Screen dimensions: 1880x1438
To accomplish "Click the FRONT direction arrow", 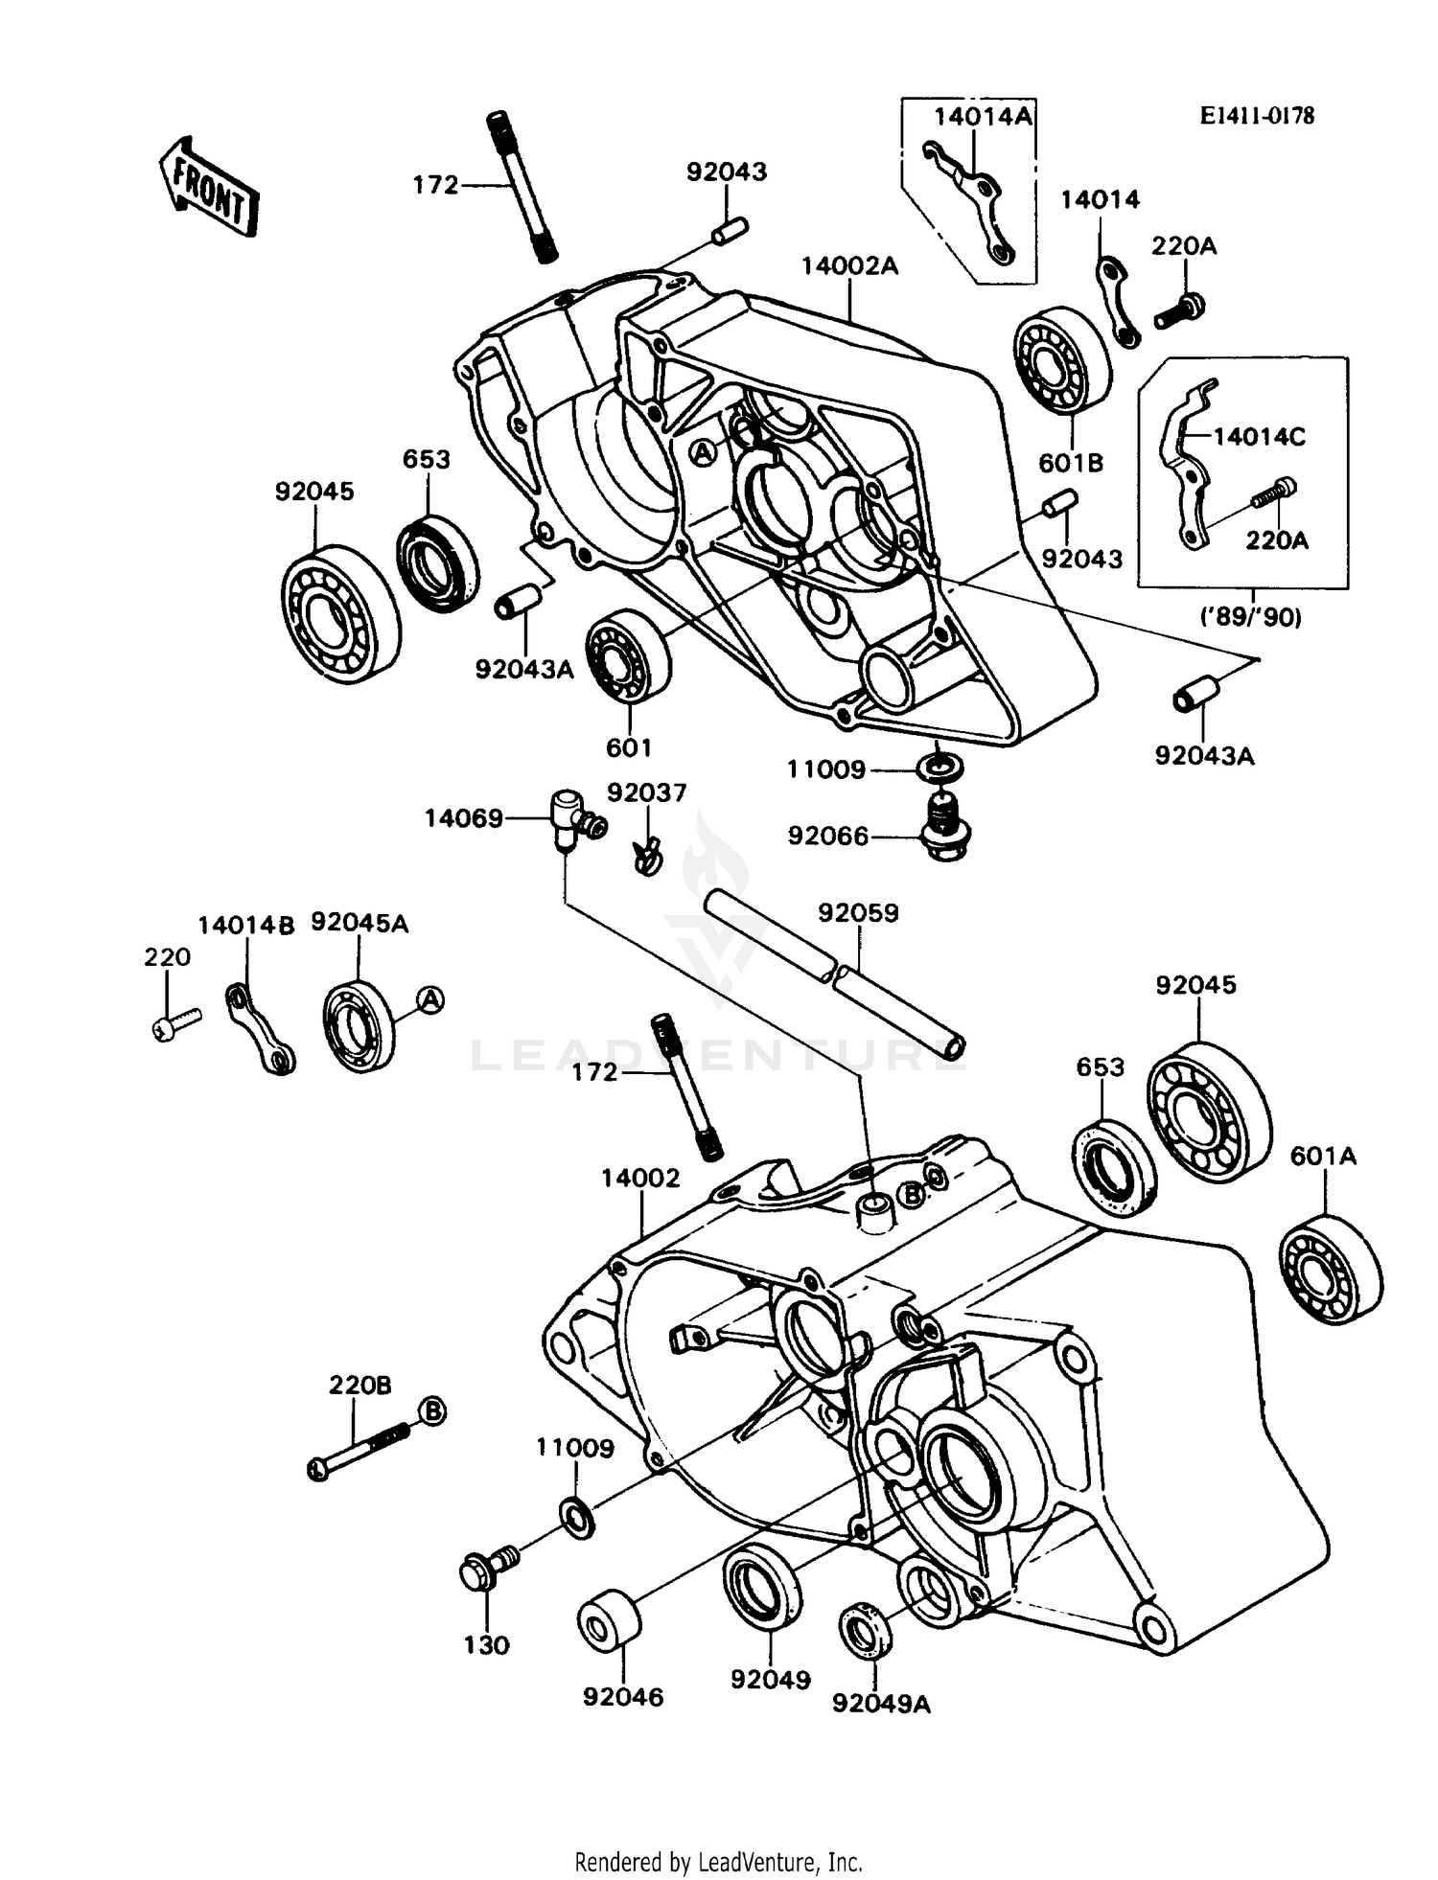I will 209,187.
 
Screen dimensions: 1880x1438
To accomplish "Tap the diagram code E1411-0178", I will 1257,116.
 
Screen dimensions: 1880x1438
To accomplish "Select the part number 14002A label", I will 849,265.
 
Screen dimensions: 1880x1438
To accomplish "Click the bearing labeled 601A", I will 1332,1270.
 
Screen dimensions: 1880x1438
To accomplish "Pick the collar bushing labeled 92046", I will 609,1620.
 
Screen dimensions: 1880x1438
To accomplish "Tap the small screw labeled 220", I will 175,1023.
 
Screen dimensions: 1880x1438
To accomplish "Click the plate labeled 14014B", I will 260,1030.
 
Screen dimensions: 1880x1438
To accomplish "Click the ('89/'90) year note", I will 1251,618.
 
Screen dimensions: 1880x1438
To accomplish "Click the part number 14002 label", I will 640,1178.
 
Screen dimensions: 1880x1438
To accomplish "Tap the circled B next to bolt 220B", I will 433,1411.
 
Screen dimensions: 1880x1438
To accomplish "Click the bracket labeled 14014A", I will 970,201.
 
